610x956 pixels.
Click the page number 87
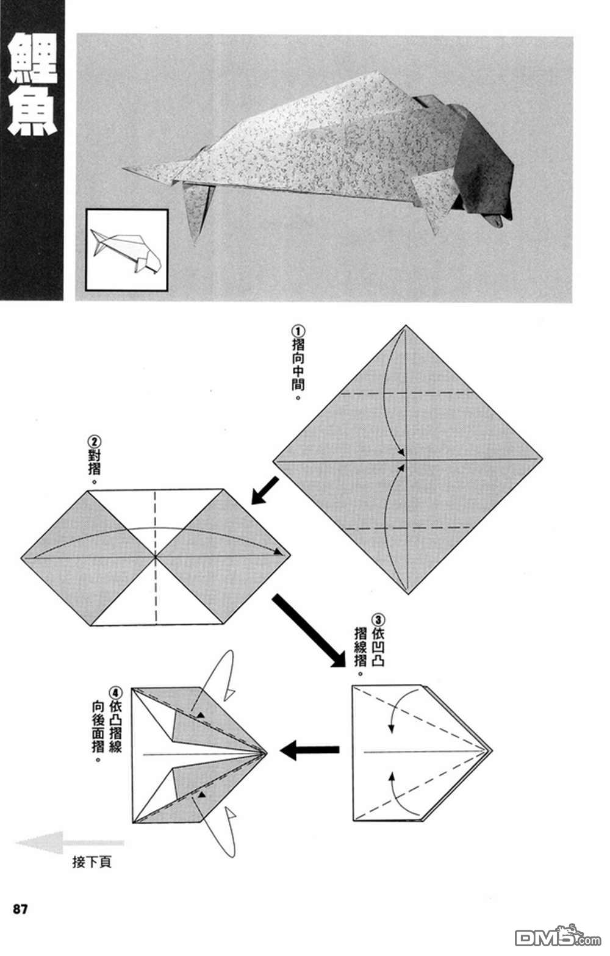point(20,909)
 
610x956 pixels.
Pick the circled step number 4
point(115,693)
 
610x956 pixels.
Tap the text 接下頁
point(92,862)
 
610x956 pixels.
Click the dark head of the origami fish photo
point(485,165)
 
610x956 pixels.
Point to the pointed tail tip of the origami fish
point(126,169)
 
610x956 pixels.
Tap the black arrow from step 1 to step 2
point(264,491)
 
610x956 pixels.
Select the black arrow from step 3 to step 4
point(309,750)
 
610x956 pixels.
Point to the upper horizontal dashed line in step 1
point(407,392)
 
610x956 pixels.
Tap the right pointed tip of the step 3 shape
point(491,750)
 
